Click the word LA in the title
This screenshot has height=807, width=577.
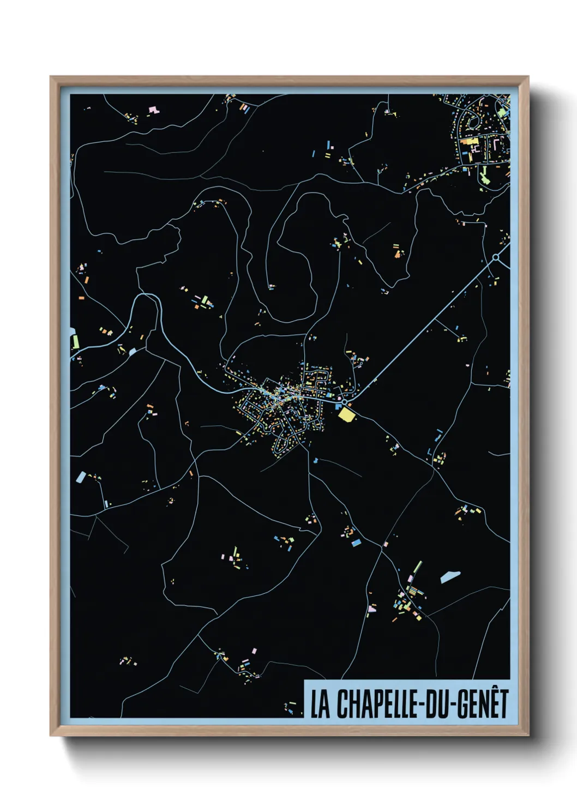[x=320, y=704]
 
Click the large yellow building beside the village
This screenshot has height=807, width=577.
[x=346, y=414]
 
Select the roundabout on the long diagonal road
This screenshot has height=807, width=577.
[x=495, y=257]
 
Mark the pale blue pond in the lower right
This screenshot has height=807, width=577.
[x=450, y=577]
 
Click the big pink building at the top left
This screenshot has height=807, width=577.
[x=154, y=110]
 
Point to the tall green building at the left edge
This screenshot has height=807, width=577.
[x=75, y=342]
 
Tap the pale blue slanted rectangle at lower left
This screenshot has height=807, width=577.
[x=81, y=477]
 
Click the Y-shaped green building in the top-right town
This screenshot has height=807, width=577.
[x=483, y=176]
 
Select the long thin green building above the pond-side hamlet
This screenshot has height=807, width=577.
[x=418, y=567]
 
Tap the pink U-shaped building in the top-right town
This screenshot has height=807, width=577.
[x=497, y=143]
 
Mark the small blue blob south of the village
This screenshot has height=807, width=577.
[x=315, y=461]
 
